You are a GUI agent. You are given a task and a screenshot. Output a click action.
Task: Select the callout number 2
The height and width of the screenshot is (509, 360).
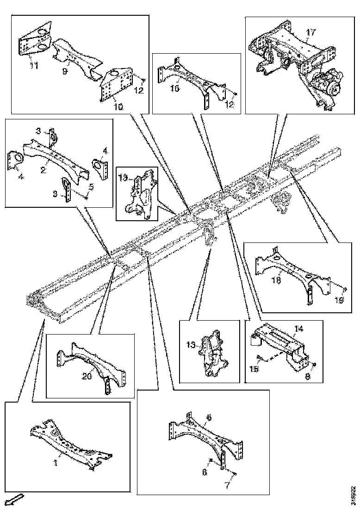[43, 170]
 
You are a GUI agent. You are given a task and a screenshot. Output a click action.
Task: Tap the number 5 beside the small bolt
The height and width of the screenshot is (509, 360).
[92, 187]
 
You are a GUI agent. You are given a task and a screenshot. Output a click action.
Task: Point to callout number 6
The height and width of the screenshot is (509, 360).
[209, 417]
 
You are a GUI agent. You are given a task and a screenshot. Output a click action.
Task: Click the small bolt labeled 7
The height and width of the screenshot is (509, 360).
[235, 475]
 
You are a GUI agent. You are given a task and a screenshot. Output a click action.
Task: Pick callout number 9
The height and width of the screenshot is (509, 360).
[65, 71]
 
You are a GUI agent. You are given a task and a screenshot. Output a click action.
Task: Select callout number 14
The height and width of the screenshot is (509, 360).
[298, 329]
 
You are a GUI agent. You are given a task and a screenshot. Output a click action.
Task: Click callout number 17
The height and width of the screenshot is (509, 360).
[310, 32]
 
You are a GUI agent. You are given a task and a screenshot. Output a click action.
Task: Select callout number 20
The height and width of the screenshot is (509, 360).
[87, 377]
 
